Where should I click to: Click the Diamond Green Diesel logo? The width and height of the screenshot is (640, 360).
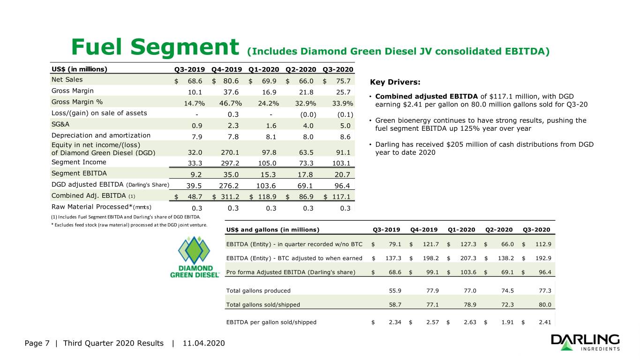(x=195, y=257)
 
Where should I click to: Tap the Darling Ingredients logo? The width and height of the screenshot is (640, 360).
(x=586, y=342)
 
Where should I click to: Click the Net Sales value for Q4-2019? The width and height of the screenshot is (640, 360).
(x=231, y=81)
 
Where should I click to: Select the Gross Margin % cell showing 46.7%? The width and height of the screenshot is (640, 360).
(x=230, y=104)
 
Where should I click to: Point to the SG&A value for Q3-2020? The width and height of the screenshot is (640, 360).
(x=345, y=126)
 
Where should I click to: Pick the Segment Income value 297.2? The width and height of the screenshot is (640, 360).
(x=230, y=163)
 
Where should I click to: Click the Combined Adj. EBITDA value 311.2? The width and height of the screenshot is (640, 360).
(x=230, y=197)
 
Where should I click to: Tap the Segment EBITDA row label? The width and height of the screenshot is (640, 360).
(x=79, y=173)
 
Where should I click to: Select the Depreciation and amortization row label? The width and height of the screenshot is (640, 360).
(x=101, y=135)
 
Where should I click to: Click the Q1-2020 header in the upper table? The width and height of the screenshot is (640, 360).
(x=264, y=69)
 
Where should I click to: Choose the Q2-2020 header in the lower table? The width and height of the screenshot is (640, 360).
(x=499, y=230)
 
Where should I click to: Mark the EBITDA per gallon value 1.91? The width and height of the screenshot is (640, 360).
(x=507, y=322)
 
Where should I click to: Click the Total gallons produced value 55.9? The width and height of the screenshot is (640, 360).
(x=395, y=291)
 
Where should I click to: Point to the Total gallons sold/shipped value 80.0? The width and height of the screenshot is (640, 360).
(x=545, y=305)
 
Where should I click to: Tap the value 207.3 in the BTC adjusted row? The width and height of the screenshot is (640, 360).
(x=468, y=258)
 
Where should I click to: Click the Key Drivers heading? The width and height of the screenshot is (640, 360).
(x=395, y=82)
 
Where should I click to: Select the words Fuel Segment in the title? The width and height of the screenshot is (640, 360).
(x=155, y=47)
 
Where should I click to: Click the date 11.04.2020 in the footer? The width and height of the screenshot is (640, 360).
(x=203, y=343)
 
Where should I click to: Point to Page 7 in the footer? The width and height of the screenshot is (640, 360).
(x=37, y=343)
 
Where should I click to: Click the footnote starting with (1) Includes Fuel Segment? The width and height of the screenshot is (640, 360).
(x=126, y=217)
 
